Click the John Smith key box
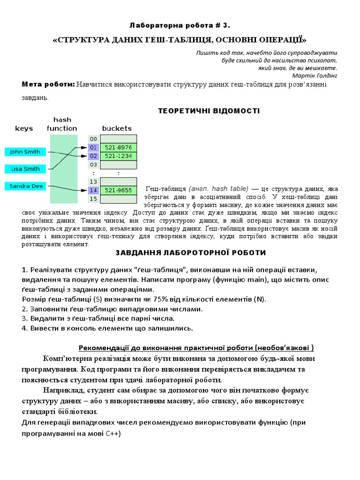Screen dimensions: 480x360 25,152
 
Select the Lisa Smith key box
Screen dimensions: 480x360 25,169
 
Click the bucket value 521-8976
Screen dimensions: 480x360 118,147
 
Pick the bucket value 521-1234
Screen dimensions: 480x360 118,156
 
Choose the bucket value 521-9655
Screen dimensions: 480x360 118,190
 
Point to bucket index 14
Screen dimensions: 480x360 93,190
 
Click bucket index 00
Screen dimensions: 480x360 93,139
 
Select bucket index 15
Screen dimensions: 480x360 93,199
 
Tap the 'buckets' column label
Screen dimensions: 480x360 117,128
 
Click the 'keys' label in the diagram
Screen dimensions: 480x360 24,128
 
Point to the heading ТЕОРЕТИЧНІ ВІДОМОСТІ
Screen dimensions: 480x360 208,111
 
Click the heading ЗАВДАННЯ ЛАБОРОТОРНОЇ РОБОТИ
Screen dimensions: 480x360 191,253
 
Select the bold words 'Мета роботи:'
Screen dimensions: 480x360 48,84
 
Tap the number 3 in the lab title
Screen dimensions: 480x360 226,25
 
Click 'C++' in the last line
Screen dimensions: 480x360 112,434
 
